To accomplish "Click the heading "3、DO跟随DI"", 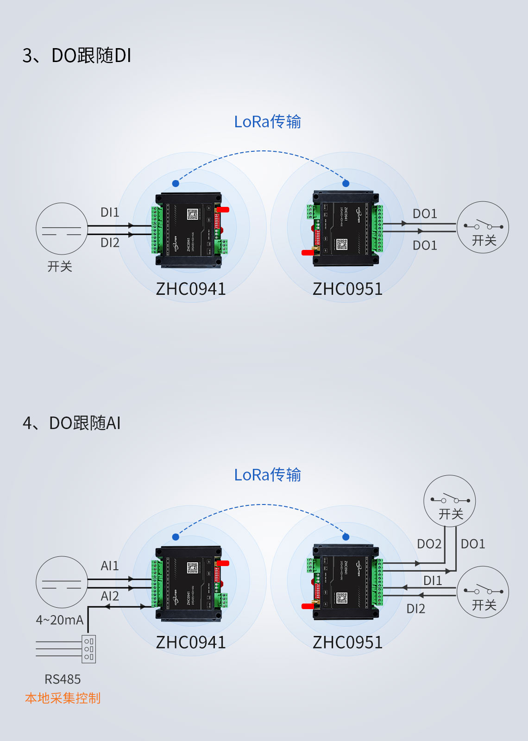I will [77, 56].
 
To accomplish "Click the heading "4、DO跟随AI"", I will [72, 423].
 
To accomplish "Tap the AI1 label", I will [110, 566].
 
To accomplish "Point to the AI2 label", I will [110, 596].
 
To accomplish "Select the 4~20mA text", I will [60, 620].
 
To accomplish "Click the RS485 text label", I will [63, 679].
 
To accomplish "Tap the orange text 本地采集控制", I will [63, 698].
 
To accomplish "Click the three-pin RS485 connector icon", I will [89, 649].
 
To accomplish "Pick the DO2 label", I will [429, 544].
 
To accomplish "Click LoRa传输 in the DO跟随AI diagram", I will [267, 475].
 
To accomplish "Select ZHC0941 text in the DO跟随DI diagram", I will [191, 289].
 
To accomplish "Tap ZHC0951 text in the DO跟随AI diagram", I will [347, 642].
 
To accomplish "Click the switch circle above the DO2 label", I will [450, 501].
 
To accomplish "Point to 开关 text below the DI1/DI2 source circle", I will [60, 267].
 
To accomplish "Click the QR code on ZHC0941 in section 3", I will [193, 214].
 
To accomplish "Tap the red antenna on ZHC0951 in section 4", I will [308, 606].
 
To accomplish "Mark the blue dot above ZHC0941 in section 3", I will [176, 184].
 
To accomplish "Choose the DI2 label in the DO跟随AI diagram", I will [415, 609].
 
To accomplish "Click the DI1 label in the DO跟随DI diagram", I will [110, 212].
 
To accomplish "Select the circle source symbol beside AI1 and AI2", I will [62, 582].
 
